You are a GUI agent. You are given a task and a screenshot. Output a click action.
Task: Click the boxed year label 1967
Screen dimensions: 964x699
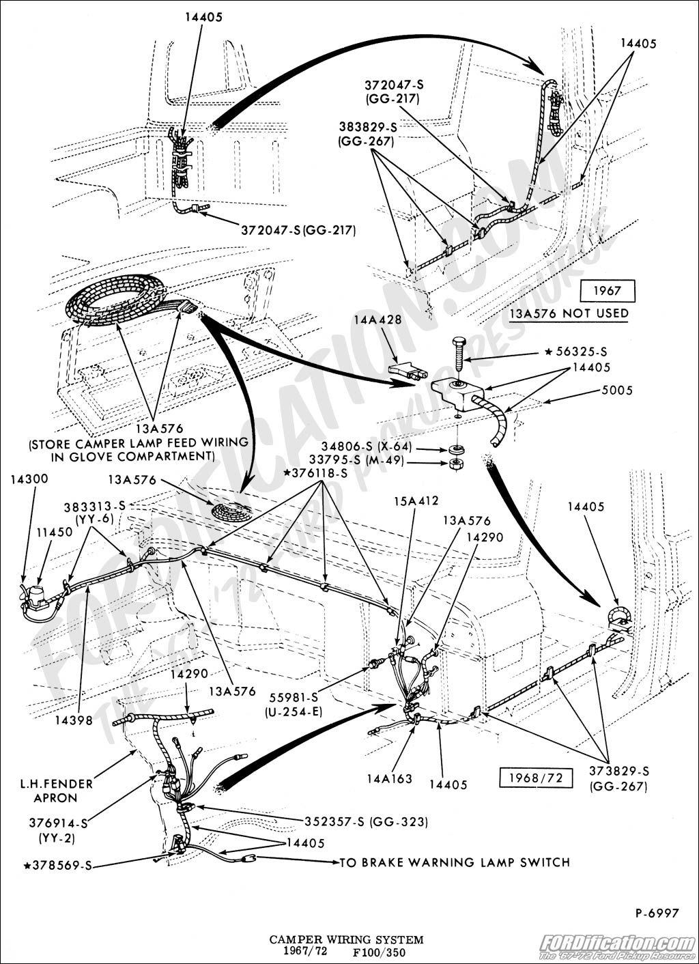click(607, 291)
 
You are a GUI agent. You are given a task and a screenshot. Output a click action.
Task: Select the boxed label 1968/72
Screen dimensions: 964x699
click(529, 778)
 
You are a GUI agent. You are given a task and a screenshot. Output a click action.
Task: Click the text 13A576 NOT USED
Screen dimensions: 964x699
click(569, 313)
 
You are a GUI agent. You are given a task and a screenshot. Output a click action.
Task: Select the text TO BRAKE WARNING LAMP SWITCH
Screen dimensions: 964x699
click(455, 862)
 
